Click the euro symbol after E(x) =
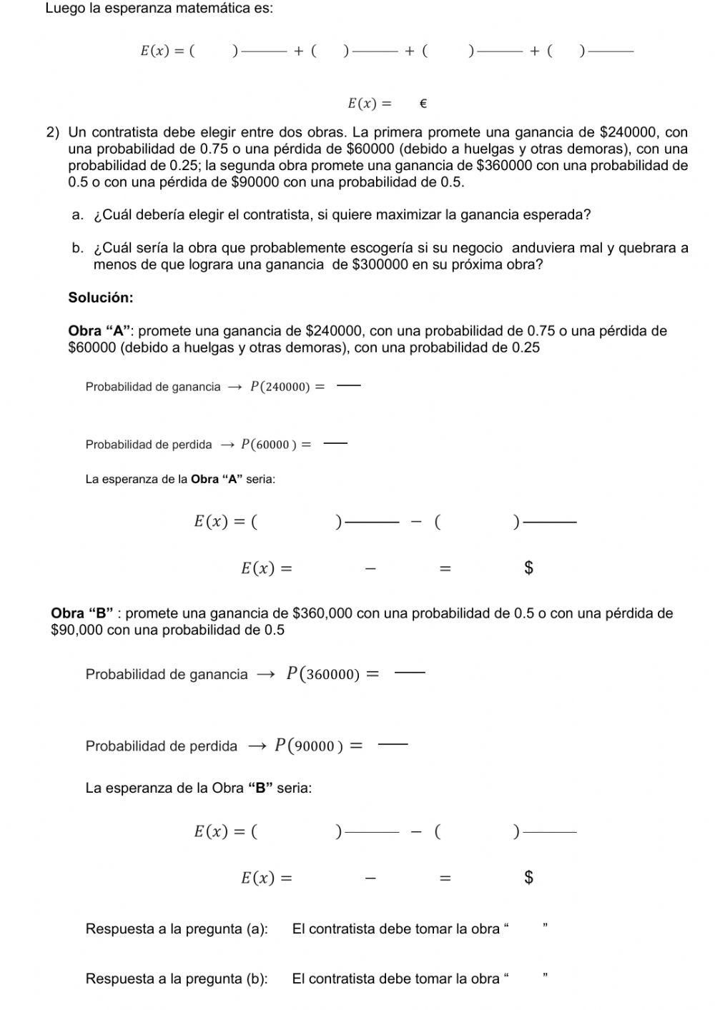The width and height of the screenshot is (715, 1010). (422, 104)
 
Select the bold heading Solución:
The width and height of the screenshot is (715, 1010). (101, 297)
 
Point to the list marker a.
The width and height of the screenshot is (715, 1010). (78, 214)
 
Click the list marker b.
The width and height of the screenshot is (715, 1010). (78, 248)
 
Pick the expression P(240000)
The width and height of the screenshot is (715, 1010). (280, 387)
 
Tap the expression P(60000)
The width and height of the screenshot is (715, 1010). (269, 445)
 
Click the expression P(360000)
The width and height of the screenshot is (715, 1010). (322, 674)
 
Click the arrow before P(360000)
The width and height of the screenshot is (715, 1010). (265, 675)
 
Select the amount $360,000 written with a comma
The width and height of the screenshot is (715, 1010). (322, 613)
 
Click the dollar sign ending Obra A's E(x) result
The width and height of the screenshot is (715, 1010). (528, 568)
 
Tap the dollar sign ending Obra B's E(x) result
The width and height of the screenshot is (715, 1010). (528, 877)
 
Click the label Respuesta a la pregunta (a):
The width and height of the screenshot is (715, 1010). (177, 929)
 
